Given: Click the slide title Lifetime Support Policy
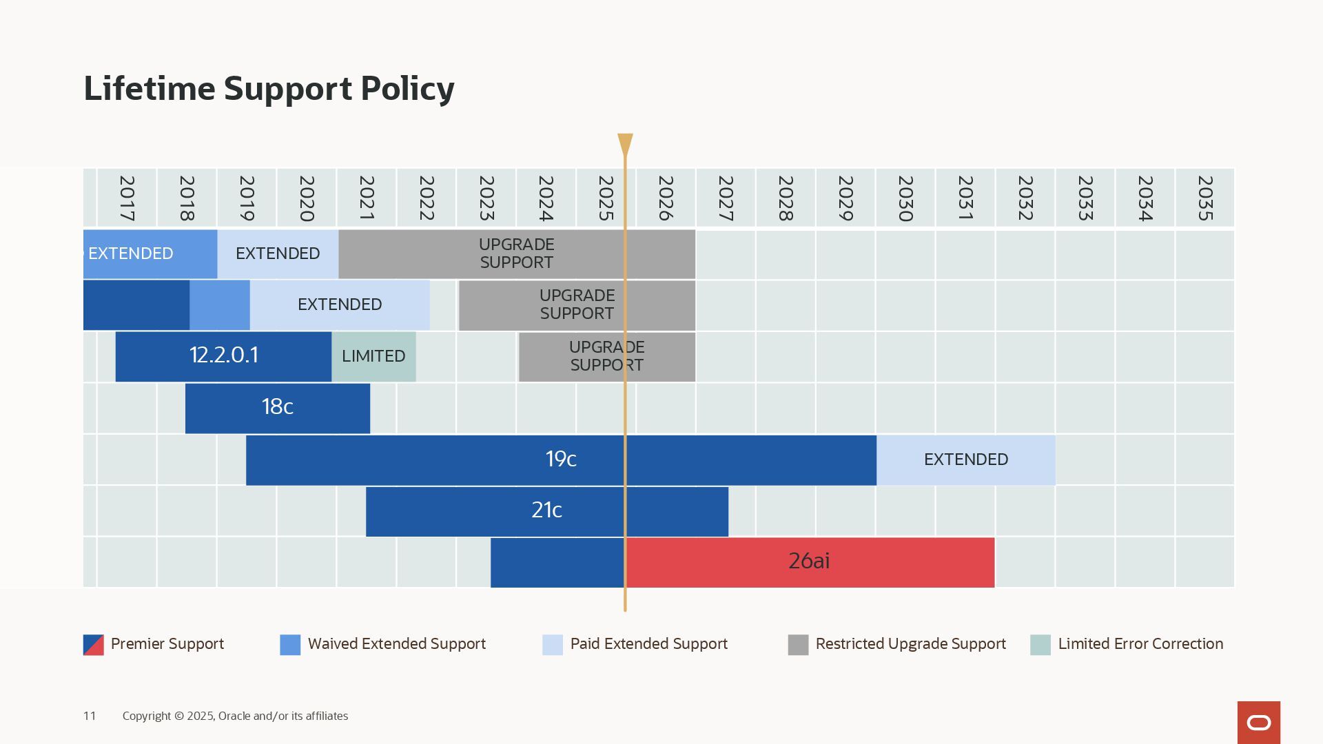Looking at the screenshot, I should (x=269, y=89).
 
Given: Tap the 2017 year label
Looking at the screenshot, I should (x=127, y=198).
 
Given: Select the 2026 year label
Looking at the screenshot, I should (x=666, y=198).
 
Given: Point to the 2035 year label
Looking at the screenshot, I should (x=1204, y=198).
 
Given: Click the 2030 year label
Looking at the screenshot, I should (x=905, y=198).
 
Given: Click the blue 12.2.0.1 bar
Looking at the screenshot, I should (x=223, y=355).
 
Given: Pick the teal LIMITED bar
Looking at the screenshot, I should (x=373, y=356).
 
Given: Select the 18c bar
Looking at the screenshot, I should (x=277, y=407).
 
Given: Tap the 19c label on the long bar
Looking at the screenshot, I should (x=560, y=459).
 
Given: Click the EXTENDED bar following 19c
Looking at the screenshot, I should (x=965, y=459).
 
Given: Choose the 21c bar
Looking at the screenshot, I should (x=546, y=510).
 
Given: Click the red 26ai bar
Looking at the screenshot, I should (x=809, y=561).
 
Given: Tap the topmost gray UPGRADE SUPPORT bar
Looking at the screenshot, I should (x=517, y=254).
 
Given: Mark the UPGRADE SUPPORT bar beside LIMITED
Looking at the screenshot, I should (x=606, y=356).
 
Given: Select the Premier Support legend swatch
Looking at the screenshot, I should (x=94, y=645).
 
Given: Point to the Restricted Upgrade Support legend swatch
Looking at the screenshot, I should (x=798, y=645).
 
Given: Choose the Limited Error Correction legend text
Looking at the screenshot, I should (x=1140, y=644).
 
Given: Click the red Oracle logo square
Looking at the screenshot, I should (x=1258, y=722).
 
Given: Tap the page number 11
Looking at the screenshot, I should (x=90, y=716).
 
